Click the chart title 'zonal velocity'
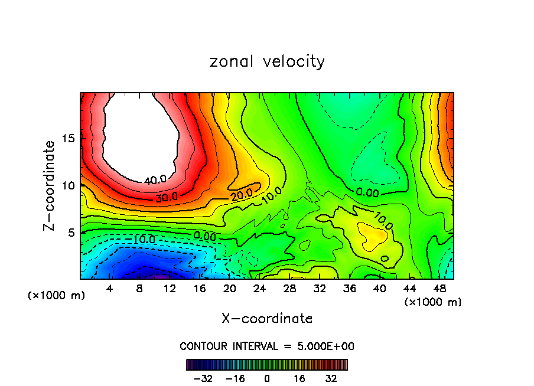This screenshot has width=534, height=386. point(267,61)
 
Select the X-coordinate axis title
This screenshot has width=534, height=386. point(267,318)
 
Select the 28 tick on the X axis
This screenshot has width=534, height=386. point(289,289)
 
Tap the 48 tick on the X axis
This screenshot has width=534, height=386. point(439,289)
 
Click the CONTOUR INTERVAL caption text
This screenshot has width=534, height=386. point(267,346)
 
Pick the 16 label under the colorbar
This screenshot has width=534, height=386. point(300,378)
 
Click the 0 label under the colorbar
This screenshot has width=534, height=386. point(267,378)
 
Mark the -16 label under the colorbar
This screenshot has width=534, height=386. point(235,378)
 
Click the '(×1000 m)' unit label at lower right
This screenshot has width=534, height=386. point(433,302)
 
